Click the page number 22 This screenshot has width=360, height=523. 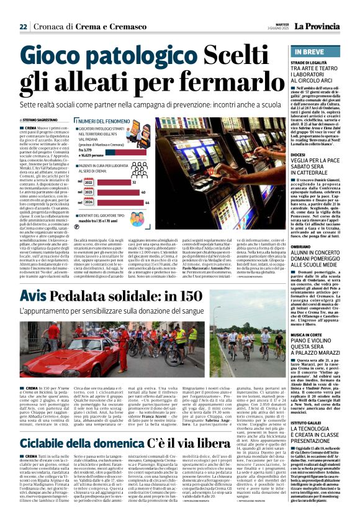[23, 27]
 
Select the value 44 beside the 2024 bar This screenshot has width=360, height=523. [146, 202]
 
